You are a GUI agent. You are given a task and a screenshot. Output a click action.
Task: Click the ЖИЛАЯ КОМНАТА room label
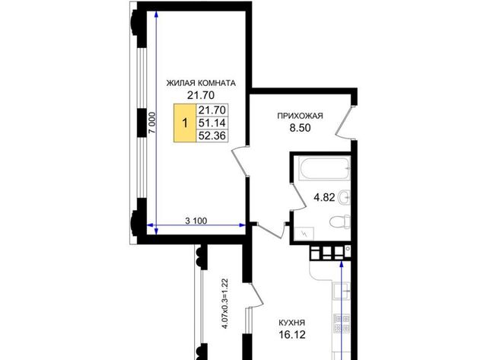tap(201, 83)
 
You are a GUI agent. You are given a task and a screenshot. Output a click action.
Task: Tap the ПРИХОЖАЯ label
tap(300, 116)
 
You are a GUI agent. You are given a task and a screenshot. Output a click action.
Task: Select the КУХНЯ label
tap(292, 323)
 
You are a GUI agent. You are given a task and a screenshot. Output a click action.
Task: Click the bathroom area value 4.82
tap(324, 197)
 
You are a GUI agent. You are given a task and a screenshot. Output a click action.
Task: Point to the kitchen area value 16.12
tap(292, 335)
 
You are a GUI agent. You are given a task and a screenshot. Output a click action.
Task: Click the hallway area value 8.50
tap(300, 128)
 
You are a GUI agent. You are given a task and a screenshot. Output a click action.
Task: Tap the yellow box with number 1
tap(185, 123)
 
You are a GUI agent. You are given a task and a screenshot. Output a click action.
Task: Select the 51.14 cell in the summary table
tap(212, 123)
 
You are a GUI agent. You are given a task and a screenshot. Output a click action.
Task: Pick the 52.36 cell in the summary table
tap(212, 135)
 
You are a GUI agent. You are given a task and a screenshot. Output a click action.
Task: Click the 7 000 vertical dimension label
tap(152, 123)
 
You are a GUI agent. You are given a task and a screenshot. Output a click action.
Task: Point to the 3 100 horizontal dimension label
tap(196, 221)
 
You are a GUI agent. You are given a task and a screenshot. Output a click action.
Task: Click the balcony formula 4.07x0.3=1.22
tap(226, 304)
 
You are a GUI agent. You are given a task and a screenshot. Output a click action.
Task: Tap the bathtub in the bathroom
tap(324, 169)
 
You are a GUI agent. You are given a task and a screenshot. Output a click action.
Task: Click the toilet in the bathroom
tap(340, 221)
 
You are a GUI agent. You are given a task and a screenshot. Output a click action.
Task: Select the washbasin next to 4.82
tap(344, 197)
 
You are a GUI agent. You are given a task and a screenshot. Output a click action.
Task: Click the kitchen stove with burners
tap(342, 323)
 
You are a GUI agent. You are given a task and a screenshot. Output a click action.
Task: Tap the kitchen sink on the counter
tap(342, 291)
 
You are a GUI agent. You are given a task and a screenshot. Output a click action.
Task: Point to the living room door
tap(241, 161)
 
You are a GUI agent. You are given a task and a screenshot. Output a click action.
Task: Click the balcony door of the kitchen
tap(255, 295)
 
